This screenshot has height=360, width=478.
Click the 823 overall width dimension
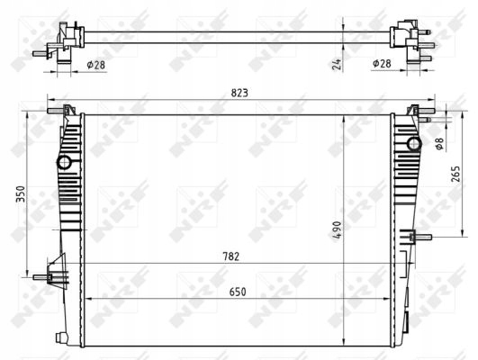click(239, 93)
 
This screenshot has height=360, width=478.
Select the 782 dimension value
click(230, 256)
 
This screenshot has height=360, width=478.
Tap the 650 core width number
click(238, 292)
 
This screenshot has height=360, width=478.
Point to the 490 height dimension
click(338, 230)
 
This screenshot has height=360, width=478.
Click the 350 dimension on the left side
click(21, 193)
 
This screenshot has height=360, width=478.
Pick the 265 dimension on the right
click(455, 174)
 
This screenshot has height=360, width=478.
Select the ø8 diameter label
click(439, 144)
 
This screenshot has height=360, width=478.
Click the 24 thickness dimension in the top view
click(337, 64)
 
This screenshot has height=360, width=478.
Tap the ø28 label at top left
click(95, 65)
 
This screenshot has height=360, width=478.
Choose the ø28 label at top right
click(382, 63)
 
